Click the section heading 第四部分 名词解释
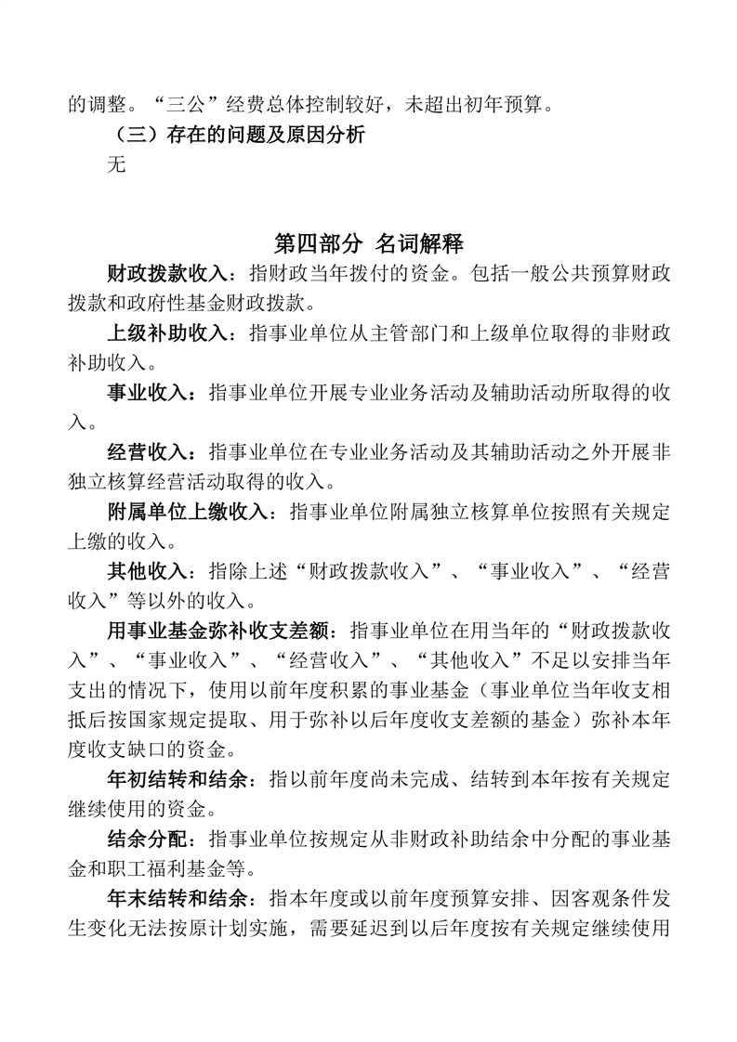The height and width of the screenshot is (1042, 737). point(369,244)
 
